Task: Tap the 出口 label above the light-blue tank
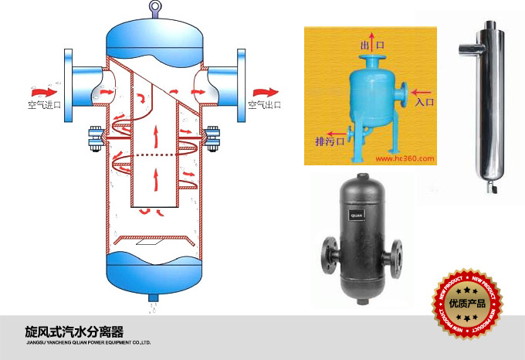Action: click(x=372, y=46)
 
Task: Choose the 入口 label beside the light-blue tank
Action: click(x=426, y=101)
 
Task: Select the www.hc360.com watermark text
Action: click(x=406, y=159)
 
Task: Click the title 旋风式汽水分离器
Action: click(x=74, y=332)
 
